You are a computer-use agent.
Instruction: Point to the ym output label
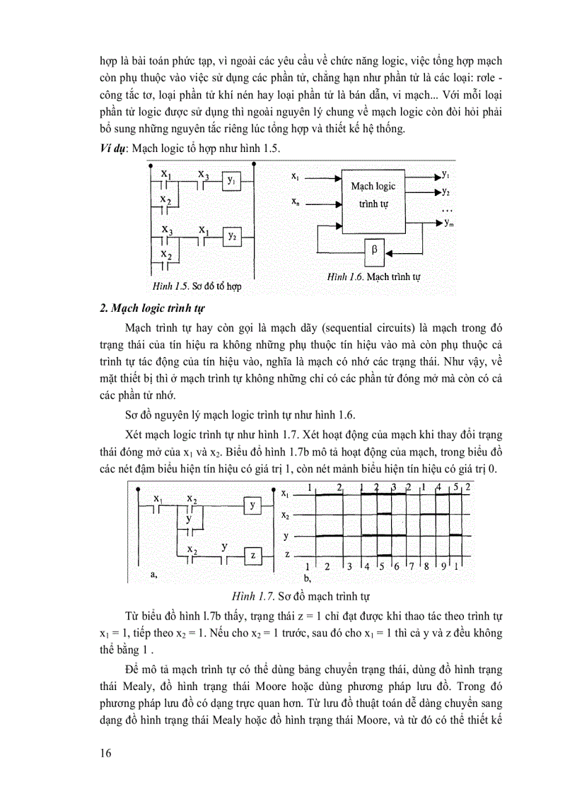tap(450, 223)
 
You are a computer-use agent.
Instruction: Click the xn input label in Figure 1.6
tap(295, 203)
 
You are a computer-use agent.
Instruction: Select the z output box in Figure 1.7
tap(252, 556)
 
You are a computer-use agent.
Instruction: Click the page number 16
tap(106, 752)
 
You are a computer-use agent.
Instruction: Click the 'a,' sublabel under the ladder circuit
tap(154, 576)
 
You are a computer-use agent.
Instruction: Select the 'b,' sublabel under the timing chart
tap(307, 578)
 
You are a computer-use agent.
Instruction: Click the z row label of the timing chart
tap(286, 556)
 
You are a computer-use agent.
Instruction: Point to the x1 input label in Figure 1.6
tap(295, 174)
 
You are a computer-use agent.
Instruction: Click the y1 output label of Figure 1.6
tap(446, 173)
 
